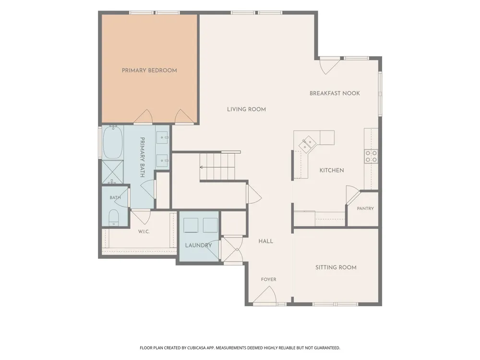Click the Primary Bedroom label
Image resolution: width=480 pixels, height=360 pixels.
(149, 71)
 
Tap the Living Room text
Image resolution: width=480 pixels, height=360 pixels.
(246, 109)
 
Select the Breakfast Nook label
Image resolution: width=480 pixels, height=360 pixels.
(335, 94)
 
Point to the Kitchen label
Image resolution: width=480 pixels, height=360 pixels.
(332, 170)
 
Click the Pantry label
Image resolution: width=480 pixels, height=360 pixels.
(365, 208)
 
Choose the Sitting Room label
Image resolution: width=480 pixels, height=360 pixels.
(336, 267)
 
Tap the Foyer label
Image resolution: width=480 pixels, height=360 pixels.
(268, 279)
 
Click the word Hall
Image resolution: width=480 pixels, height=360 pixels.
(266, 241)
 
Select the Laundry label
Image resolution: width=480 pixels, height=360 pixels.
(198, 245)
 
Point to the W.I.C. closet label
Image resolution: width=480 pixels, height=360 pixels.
(144, 232)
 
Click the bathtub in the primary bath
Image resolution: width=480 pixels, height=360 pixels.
(113, 143)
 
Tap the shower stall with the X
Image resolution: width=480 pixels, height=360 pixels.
(112, 172)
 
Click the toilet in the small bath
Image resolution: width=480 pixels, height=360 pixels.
(114, 217)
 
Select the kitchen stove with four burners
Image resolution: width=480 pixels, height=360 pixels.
(371, 156)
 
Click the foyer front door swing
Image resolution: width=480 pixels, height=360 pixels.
(265, 296)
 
